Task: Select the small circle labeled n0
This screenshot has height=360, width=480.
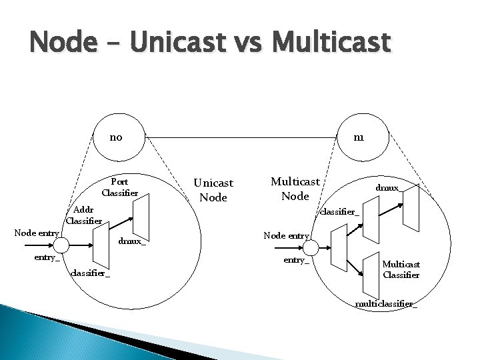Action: pyautogui.click(x=116, y=138)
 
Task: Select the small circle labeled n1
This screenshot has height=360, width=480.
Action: pyautogui.click(x=359, y=138)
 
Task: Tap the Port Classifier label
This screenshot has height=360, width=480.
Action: pyautogui.click(x=120, y=187)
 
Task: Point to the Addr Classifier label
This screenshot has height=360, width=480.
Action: pyautogui.click(x=84, y=215)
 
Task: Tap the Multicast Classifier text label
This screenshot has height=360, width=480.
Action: pyautogui.click(x=401, y=269)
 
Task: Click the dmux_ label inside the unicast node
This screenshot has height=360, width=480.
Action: pyautogui.click(x=131, y=241)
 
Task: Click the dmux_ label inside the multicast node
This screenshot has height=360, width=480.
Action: pyautogui.click(x=388, y=188)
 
